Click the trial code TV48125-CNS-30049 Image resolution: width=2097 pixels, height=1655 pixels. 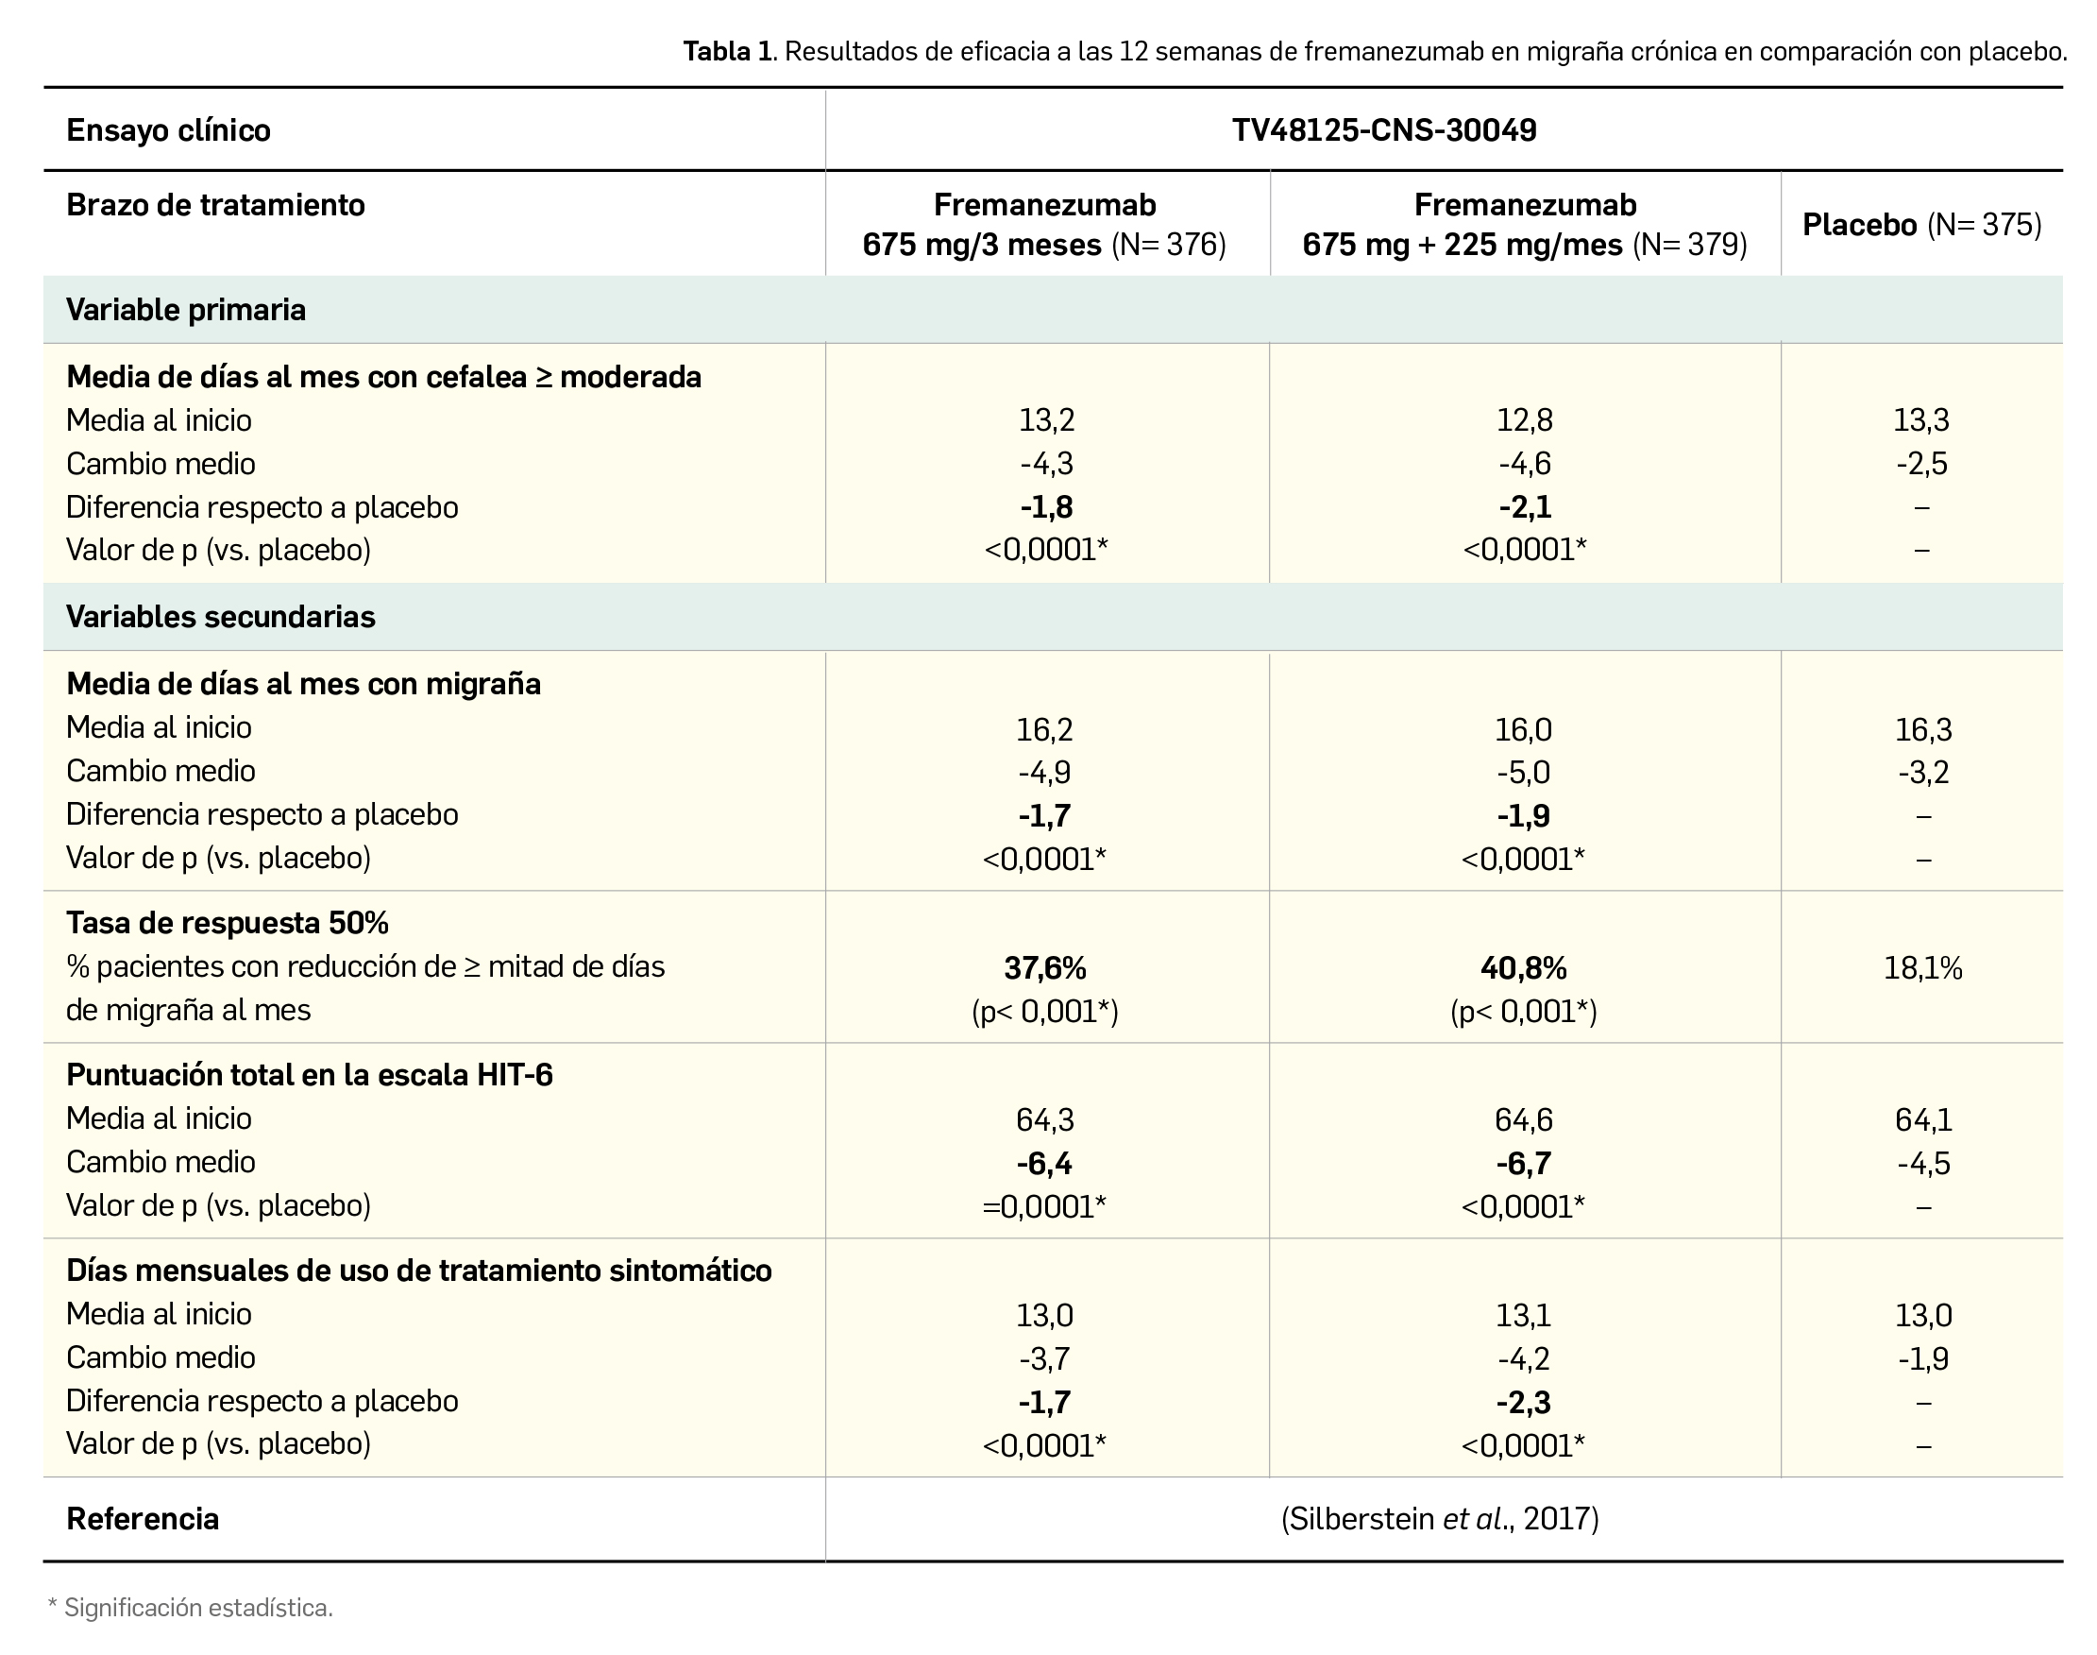tap(1383, 130)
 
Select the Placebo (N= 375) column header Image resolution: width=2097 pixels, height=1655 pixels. tap(1921, 225)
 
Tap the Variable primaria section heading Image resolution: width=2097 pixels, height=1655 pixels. tap(186, 310)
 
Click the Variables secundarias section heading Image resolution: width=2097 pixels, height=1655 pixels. tap(220, 617)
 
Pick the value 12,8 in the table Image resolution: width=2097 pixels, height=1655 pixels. tap(1525, 420)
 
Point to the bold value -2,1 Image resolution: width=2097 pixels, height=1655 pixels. tap(1525, 506)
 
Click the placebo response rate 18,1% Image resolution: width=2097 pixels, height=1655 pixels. tap(1922, 968)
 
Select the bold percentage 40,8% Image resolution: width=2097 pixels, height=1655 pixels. tap(1524, 968)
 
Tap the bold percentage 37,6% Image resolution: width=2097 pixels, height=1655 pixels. tap(1045, 968)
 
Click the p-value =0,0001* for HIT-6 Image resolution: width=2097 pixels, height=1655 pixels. tap(1044, 1206)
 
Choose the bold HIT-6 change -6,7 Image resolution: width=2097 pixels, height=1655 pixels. tap(1524, 1163)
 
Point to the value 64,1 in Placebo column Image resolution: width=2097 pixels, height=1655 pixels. tap(1922, 1120)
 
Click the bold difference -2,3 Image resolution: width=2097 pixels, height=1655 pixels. tap(1524, 1402)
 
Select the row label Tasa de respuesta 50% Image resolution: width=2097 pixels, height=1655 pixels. tap(228, 924)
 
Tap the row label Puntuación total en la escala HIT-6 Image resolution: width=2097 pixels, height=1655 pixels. tap(309, 1076)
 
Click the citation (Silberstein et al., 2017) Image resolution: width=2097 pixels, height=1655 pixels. tap(1439, 1518)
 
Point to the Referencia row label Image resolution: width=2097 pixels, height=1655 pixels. tap(143, 1519)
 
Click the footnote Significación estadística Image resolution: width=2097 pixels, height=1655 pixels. tap(197, 1609)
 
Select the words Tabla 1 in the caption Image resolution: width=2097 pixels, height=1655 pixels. tap(727, 51)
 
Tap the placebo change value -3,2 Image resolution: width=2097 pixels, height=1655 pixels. tap(1922, 773)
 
